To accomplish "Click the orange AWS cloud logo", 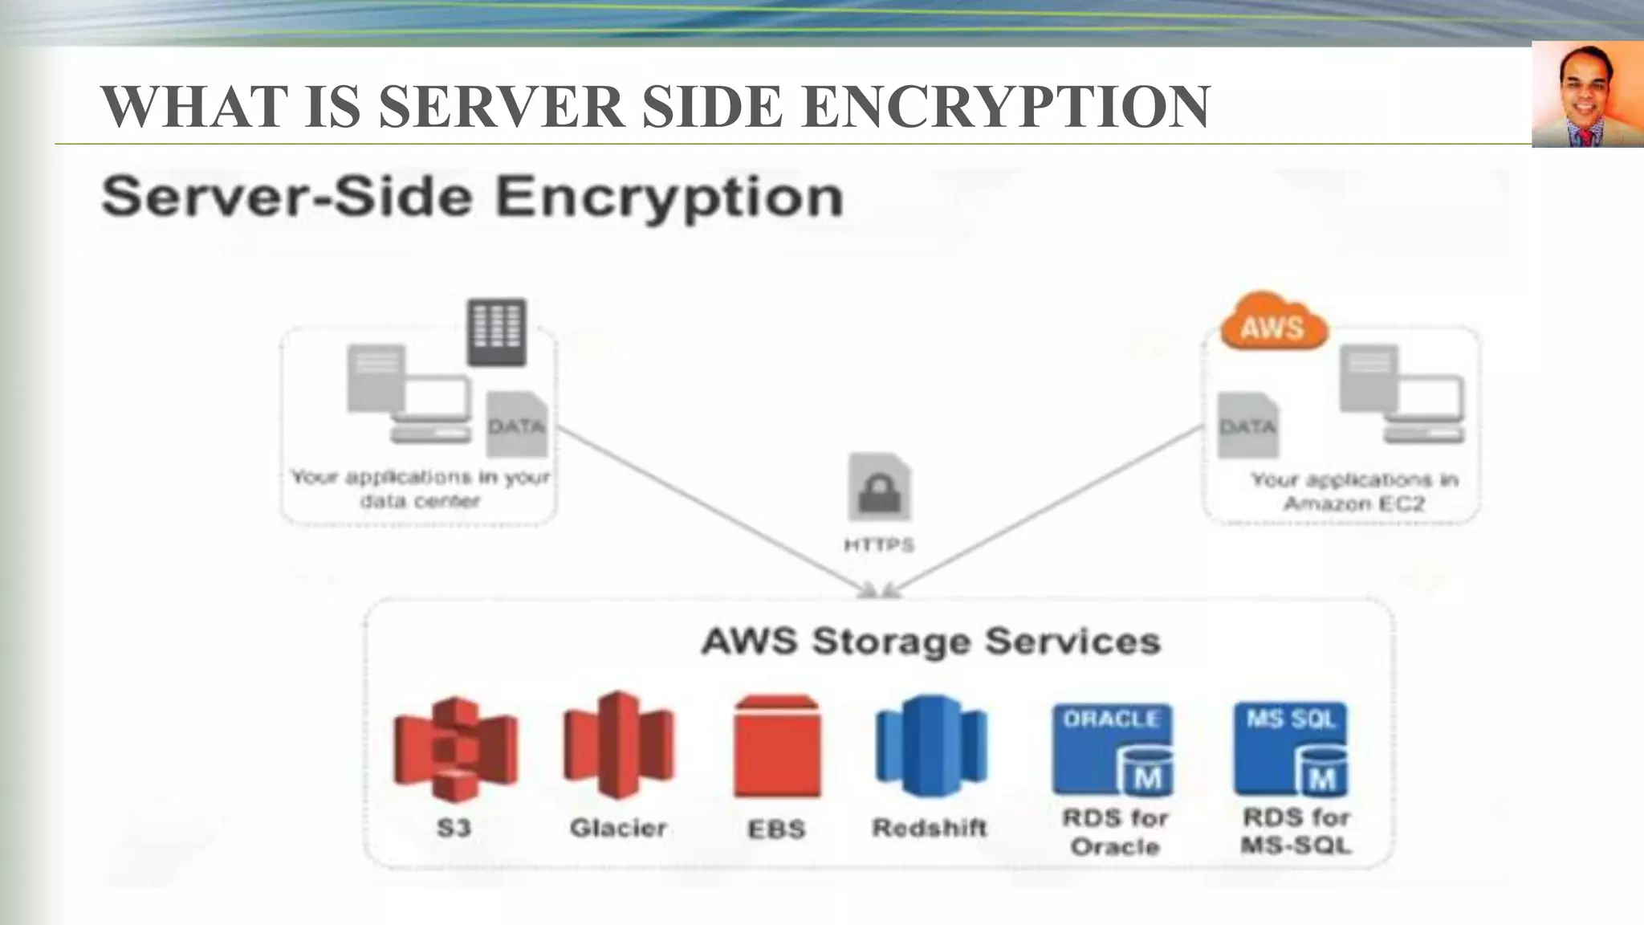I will click(1273, 323).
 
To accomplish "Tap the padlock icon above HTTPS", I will click(880, 488).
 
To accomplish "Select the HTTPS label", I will click(879, 545).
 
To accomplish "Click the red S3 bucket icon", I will click(455, 748).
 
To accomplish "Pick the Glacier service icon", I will click(618, 745).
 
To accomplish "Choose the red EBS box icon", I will click(777, 747).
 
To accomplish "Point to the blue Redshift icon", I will click(930, 747).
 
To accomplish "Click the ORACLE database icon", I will click(1113, 748).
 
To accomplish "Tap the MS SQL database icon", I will click(1292, 748).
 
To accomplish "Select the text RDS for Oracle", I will click(1115, 832).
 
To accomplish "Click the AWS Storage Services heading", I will click(930, 642).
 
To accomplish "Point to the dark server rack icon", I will click(497, 331).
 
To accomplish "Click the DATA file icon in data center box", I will click(517, 423).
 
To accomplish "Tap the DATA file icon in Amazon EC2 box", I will click(1247, 425).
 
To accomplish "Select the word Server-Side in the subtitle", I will click(287, 198).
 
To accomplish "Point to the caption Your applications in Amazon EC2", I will click(1353, 491).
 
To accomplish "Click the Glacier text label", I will click(618, 828).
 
